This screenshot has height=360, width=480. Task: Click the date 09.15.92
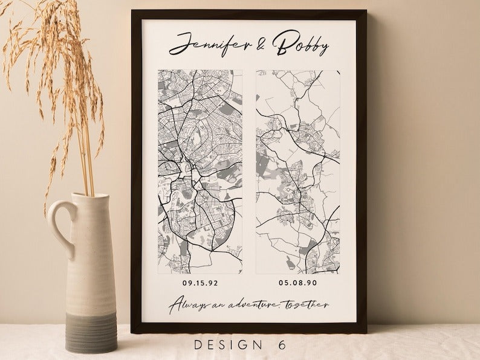[200, 281]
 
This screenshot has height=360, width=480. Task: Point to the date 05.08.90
[297, 281]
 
